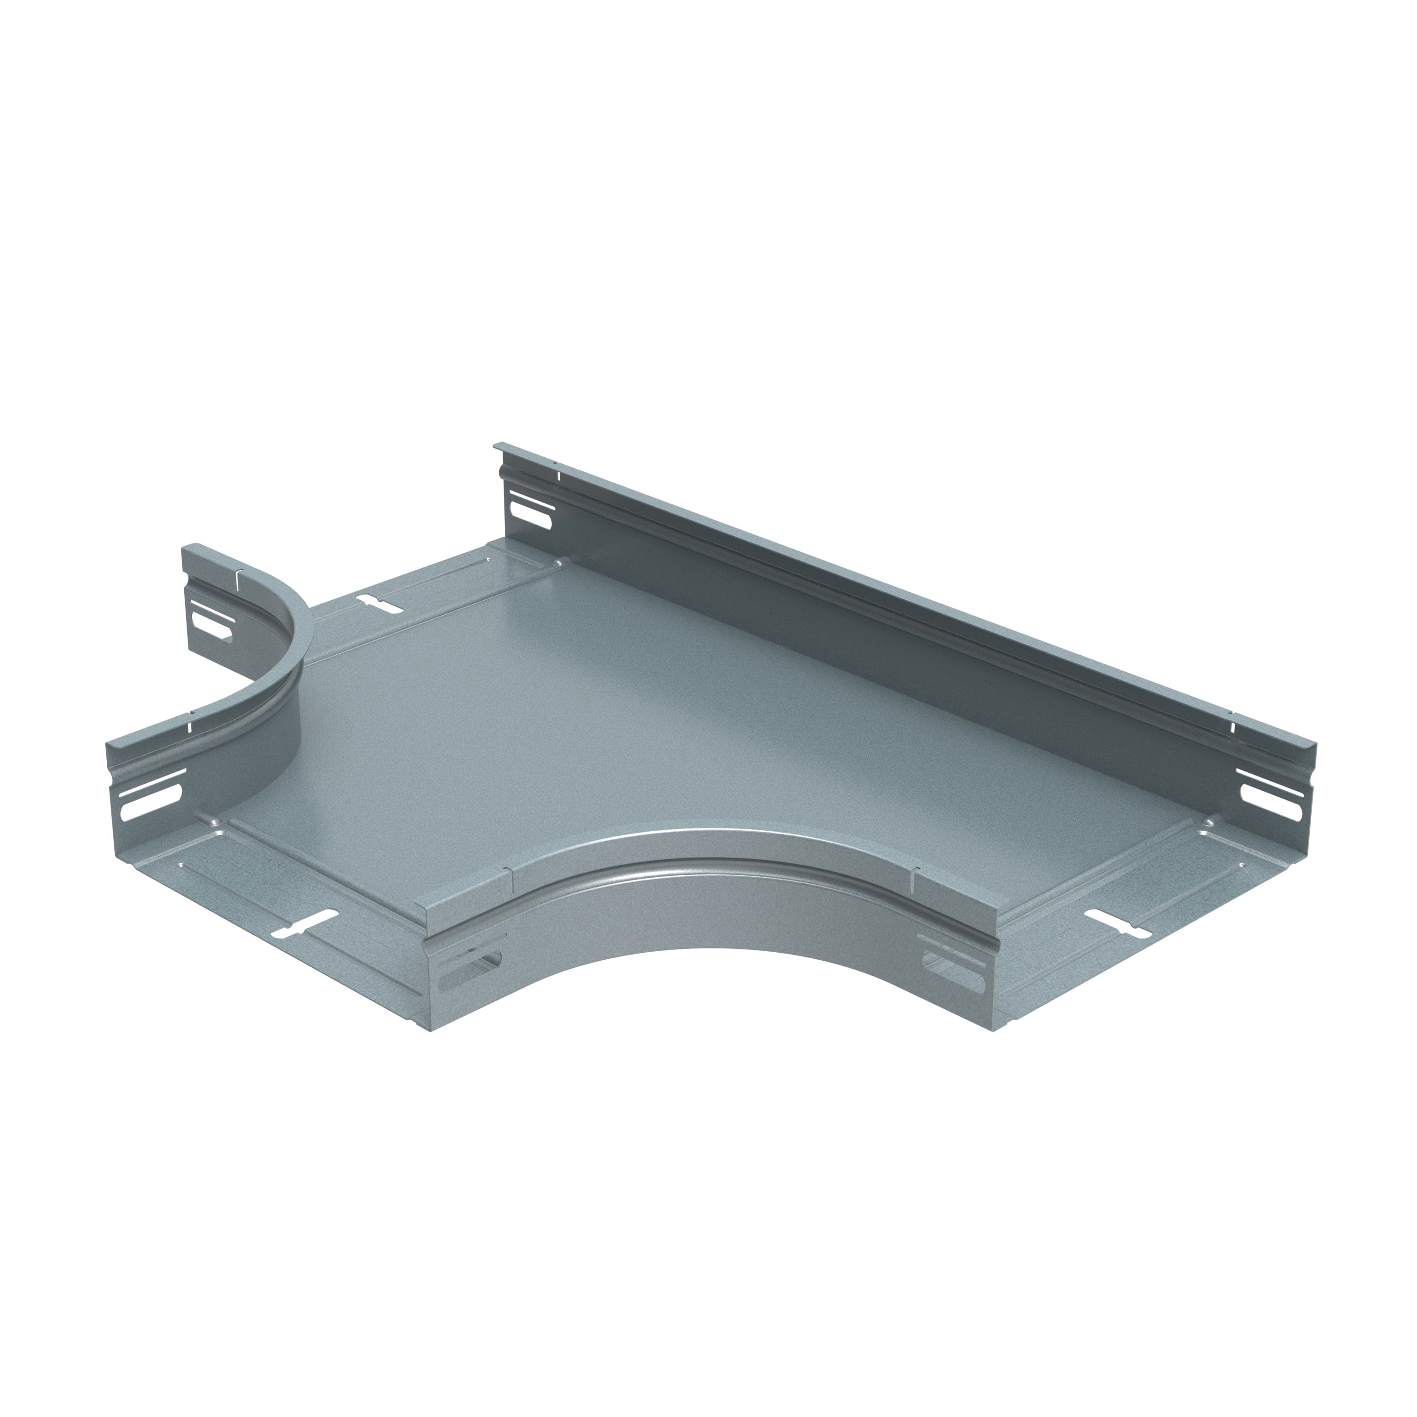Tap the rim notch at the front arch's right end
[x=914, y=872]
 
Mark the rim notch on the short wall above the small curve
[x=238, y=581]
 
